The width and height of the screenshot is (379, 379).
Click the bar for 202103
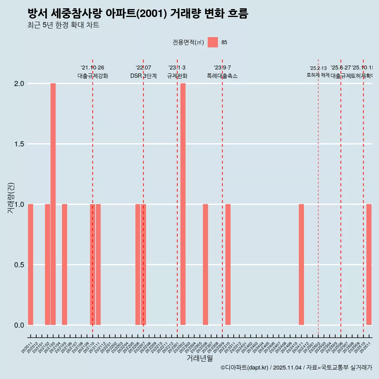[53, 204]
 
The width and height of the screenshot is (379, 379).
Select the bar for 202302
[183, 204]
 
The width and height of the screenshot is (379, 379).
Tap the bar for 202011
[30, 265]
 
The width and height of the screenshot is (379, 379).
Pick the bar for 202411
[301, 265]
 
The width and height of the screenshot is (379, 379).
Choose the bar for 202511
[369, 265]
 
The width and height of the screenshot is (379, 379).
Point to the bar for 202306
[205, 265]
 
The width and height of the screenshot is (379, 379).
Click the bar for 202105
[64, 265]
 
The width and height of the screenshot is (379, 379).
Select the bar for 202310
[228, 265]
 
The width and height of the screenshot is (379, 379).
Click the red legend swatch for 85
[213, 42]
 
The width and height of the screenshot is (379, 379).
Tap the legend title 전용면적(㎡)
[188, 43]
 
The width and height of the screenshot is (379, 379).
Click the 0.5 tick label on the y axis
[19, 265]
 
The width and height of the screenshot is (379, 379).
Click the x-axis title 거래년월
[199, 358]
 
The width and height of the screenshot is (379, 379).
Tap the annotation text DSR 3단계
[143, 76]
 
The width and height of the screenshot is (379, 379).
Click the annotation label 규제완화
[177, 76]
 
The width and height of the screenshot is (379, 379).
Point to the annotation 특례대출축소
[222, 76]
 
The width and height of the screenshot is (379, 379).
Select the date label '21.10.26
[92, 68]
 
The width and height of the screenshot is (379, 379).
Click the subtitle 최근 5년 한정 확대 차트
[63, 25]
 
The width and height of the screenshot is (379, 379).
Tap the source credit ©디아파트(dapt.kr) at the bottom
[245, 368]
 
